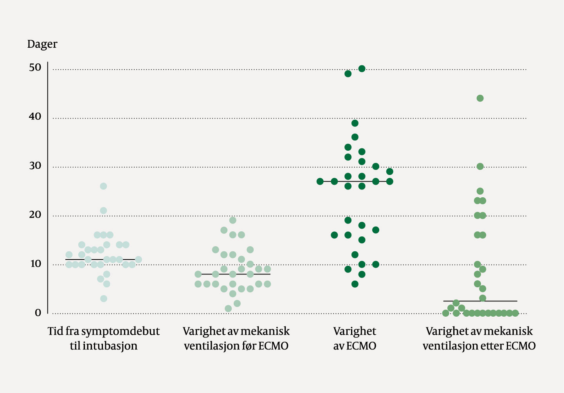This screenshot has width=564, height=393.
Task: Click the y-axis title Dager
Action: [x=42, y=44]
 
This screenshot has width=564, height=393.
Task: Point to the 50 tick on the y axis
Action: [x=35, y=67]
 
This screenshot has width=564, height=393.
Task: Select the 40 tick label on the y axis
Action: [x=35, y=116]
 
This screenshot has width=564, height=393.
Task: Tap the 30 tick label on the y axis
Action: [x=35, y=166]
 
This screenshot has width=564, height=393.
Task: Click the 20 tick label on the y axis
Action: [x=35, y=215]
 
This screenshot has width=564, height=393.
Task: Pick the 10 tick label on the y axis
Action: [x=35, y=264]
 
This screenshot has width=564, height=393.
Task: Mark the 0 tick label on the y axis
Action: [x=38, y=313]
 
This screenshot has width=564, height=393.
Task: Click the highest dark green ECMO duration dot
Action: [x=362, y=69]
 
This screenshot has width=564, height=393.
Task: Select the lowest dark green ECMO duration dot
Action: [x=355, y=284]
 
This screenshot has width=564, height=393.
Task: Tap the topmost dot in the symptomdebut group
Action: [x=103, y=186]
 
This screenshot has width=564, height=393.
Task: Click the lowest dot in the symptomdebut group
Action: [x=103, y=299]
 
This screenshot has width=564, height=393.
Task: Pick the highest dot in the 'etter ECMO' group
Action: [x=480, y=98]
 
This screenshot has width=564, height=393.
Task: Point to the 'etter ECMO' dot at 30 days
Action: [x=480, y=167]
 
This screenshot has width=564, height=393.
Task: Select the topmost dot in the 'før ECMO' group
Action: [x=232, y=220]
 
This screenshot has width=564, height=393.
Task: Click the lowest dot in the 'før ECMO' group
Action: [x=228, y=308]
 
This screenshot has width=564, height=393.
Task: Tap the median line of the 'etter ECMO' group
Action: [x=501, y=301]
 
